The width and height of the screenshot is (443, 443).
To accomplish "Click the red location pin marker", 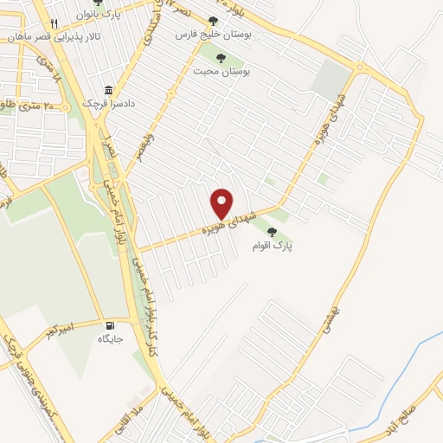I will [222, 203].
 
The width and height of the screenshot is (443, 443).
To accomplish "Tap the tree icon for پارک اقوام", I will [273, 231].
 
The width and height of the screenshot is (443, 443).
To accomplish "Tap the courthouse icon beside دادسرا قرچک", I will [107, 91].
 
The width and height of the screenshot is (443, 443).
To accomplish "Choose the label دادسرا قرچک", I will [104, 105].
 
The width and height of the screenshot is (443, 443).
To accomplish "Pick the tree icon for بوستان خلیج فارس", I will [214, 21].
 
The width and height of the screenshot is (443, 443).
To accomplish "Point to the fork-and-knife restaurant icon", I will [55, 22].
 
